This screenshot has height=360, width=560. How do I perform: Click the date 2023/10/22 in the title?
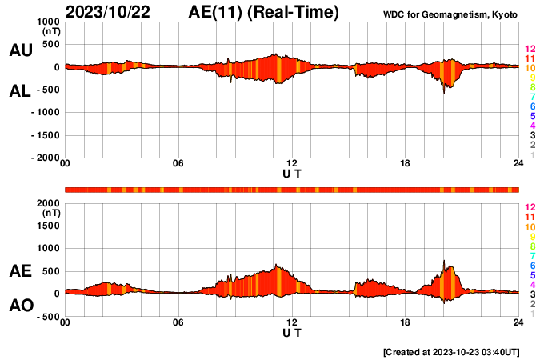[111, 11]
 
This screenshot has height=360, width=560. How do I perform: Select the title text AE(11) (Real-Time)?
[265, 11]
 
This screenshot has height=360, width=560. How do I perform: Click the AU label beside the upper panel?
[21, 50]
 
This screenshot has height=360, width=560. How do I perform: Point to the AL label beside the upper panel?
[21, 91]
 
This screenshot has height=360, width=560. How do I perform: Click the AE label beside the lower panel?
[21, 272]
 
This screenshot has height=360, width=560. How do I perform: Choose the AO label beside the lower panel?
[21, 306]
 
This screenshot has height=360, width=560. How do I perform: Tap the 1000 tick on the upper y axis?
[46, 22]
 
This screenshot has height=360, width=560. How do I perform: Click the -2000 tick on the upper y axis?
[44, 158]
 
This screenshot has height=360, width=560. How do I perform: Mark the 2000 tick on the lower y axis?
[46, 203]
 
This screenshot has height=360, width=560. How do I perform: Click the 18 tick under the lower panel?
[405, 322]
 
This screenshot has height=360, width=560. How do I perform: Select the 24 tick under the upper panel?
[518, 164]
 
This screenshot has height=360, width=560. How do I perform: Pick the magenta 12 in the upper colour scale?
[529, 50]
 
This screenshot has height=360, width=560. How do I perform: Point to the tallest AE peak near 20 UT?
[444, 261]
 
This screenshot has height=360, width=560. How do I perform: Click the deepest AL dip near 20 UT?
[444, 94]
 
